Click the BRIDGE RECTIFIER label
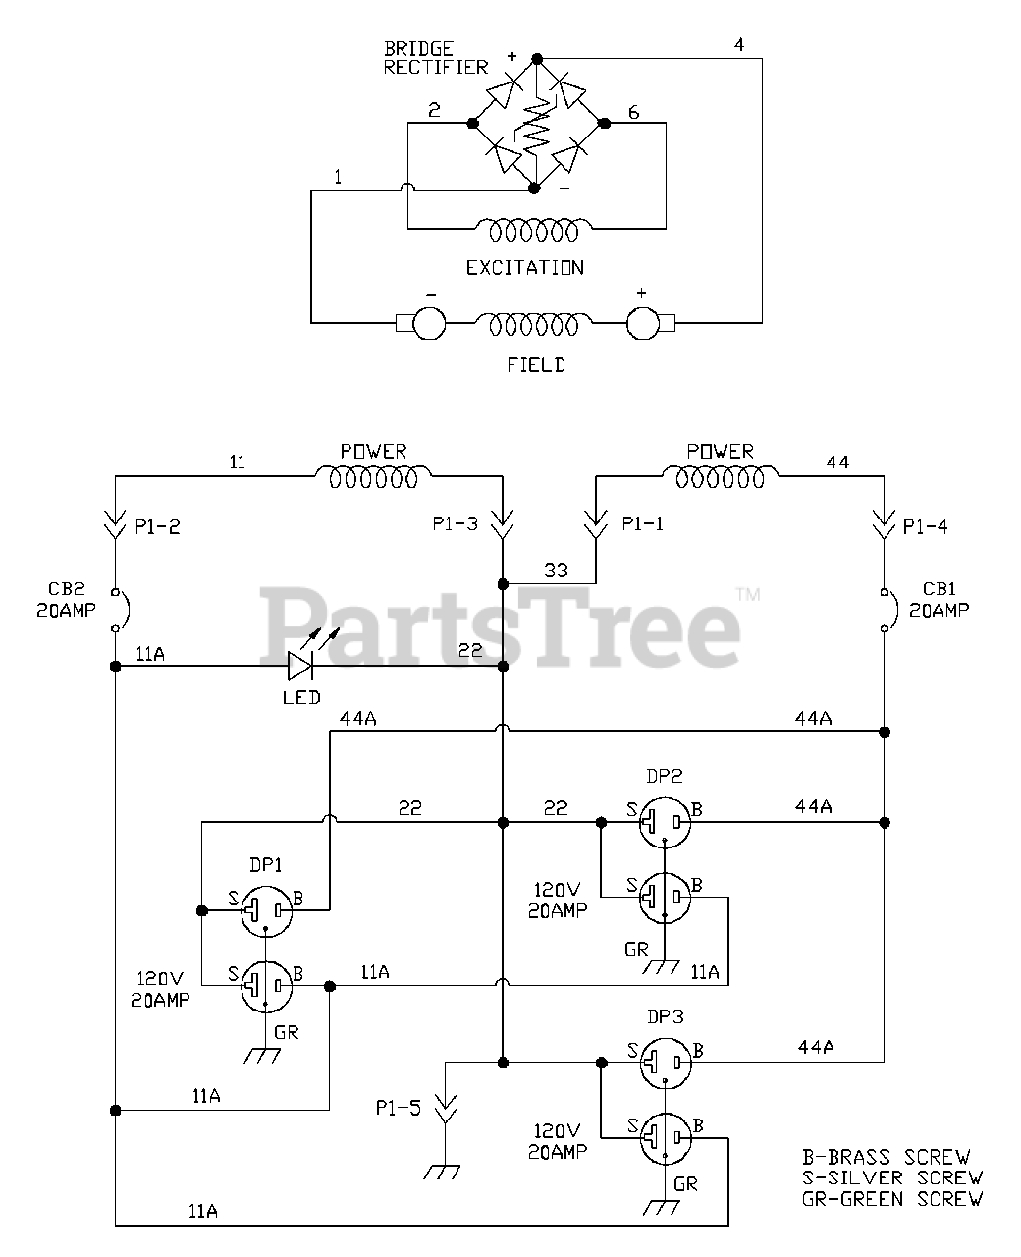point(435,58)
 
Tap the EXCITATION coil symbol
point(526,231)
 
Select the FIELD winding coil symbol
point(535,323)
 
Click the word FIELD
point(536,365)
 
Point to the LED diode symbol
point(300,666)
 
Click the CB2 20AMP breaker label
point(67,600)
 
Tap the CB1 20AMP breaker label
point(939,600)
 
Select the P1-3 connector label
point(455,524)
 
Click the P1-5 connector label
point(397,1109)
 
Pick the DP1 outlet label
point(265,865)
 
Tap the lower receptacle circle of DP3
point(665,1138)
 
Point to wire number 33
point(556,571)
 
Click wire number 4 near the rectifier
point(738,45)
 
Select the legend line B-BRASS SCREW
point(886,1158)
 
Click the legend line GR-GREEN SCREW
point(891,1199)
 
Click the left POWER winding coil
point(373,478)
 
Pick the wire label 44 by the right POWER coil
point(837,462)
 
